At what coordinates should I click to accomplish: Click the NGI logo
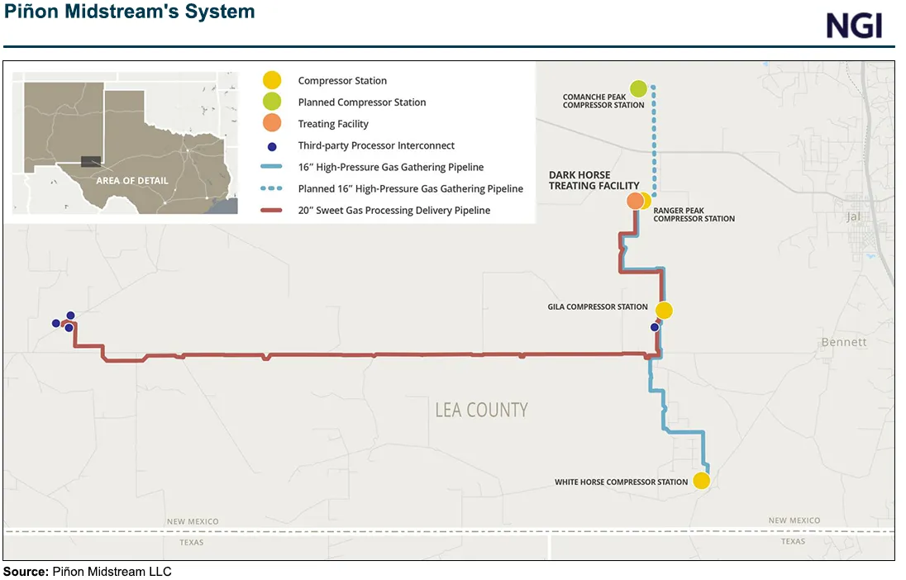point(855,26)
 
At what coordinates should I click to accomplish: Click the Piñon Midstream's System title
point(130,12)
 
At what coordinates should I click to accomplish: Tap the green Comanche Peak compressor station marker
point(638,88)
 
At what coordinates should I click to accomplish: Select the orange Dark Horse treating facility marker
point(635,201)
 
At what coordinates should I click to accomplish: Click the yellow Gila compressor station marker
point(664,311)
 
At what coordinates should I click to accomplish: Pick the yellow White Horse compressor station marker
point(701,481)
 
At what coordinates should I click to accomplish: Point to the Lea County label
point(481,410)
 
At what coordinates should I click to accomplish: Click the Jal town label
point(854,217)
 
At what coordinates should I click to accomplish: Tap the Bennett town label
point(844,342)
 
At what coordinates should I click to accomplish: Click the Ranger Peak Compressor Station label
point(694,215)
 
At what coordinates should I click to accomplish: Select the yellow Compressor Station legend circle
point(272,81)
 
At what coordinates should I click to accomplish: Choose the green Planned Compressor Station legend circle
point(272,102)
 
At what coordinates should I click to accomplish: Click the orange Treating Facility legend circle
point(272,124)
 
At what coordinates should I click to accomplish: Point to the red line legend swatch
point(272,211)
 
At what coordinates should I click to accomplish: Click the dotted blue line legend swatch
point(272,189)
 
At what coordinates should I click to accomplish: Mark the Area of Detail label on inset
point(132,180)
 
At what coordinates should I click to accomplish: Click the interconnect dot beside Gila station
point(655,327)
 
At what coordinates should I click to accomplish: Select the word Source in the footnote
point(25,572)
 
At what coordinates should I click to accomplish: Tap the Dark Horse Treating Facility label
point(594,180)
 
